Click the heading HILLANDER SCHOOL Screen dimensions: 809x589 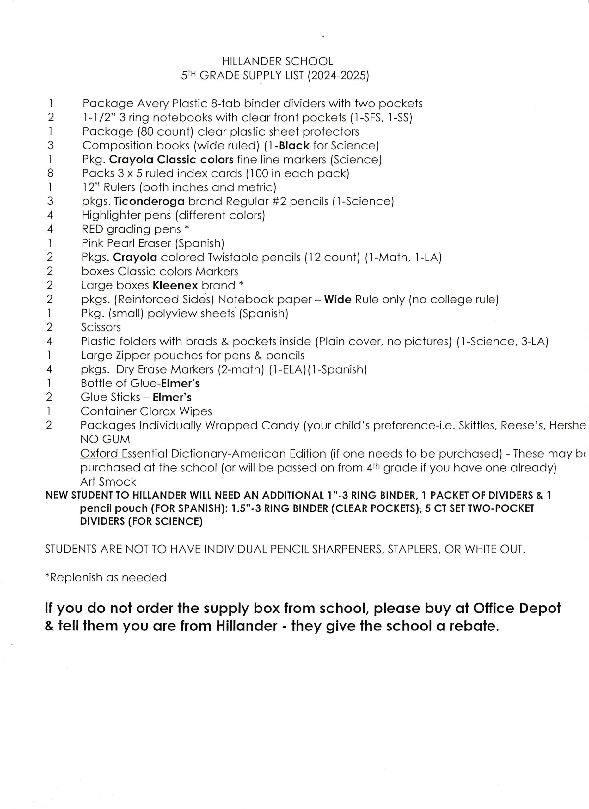click(x=277, y=61)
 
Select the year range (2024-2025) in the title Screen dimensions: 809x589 click(x=338, y=76)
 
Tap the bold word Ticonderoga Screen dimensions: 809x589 click(x=149, y=202)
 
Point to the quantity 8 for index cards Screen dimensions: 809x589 click(x=50, y=173)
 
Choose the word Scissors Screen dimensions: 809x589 click(x=101, y=327)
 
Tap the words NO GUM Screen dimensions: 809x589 click(x=105, y=440)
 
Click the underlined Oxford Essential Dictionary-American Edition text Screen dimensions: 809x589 click(x=203, y=454)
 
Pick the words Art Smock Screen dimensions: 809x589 click(x=108, y=482)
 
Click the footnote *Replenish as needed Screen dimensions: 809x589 click(x=106, y=577)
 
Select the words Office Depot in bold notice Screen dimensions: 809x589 click(x=517, y=608)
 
